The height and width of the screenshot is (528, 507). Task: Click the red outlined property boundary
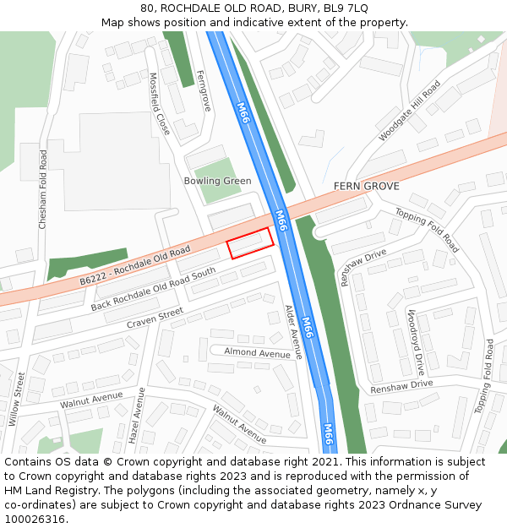point(251,243)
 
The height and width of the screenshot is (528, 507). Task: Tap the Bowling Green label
point(217,181)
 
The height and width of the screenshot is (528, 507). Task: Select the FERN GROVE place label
point(366,186)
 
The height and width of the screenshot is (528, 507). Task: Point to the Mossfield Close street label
point(159,105)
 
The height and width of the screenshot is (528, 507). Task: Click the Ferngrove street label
point(204,91)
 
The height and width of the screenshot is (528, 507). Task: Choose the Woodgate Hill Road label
point(410,111)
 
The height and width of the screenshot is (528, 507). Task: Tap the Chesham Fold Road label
point(43,189)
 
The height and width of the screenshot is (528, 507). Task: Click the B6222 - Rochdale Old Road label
point(135,266)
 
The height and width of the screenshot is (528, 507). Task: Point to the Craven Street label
point(155,318)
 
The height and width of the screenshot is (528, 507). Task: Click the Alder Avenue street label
point(292,332)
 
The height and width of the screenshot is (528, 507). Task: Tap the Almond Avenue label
point(257,353)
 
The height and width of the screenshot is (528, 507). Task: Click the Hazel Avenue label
point(137,416)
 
